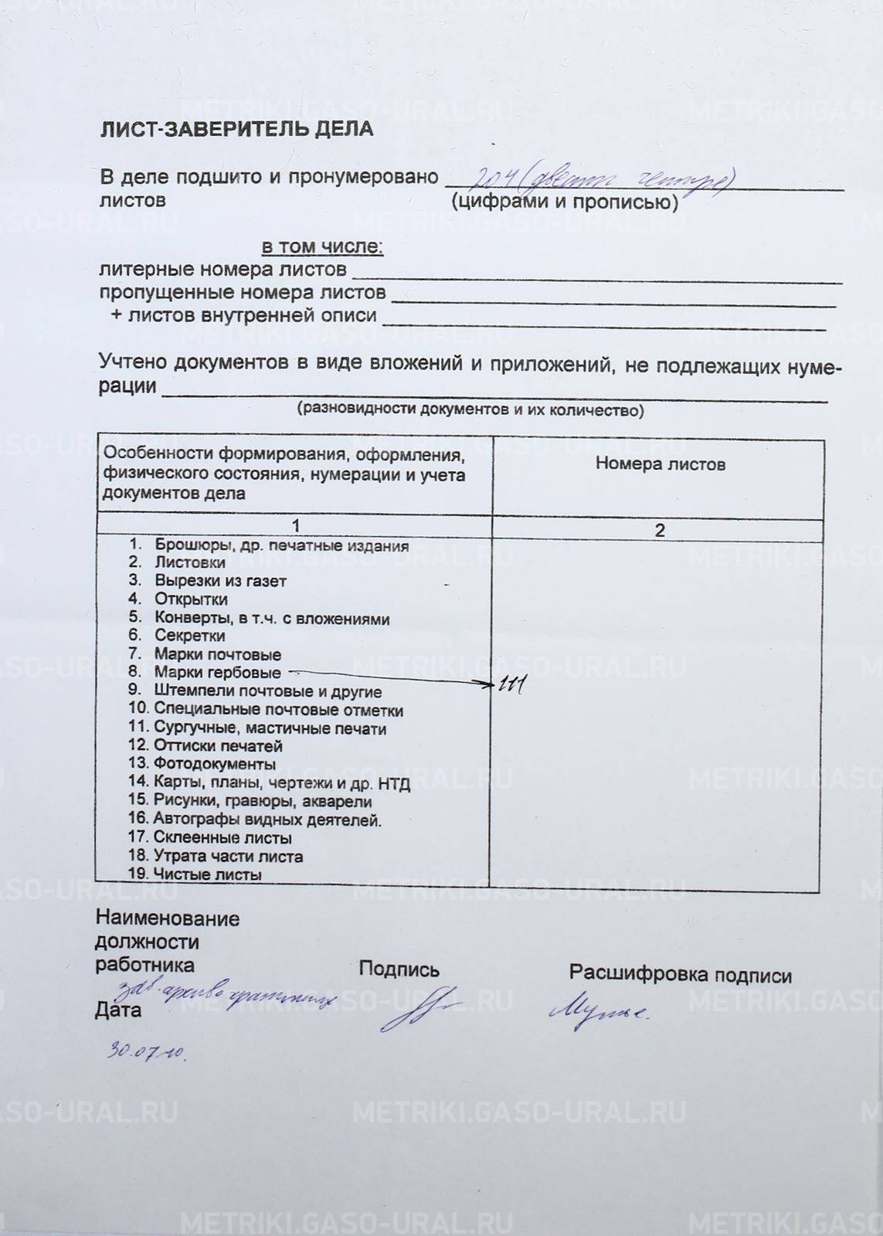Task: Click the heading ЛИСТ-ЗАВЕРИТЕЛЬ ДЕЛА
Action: (x=236, y=130)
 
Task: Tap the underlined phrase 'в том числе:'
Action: (x=322, y=247)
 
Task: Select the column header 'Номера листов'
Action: (x=660, y=464)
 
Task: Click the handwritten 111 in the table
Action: (x=511, y=684)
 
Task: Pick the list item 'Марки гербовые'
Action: (x=217, y=673)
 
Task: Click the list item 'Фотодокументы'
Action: (x=214, y=764)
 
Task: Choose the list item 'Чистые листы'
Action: (x=207, y=874)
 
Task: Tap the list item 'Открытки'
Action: (x=191, y=599)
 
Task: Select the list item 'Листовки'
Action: (x=190, y=562)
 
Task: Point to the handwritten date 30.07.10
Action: (x=147, y=1051)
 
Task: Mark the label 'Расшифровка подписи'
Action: (x=680, y=975)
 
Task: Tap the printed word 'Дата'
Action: (x=117, y=1010)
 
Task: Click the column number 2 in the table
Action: (x=659, y=531)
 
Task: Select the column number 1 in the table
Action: (x=295, y=527)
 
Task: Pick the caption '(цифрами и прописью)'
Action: (x=565, y=202)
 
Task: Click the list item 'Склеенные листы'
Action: (x=222, y=837)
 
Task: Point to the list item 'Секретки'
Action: (x=190, y=636)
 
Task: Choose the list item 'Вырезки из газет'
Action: (x=220, y=581)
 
